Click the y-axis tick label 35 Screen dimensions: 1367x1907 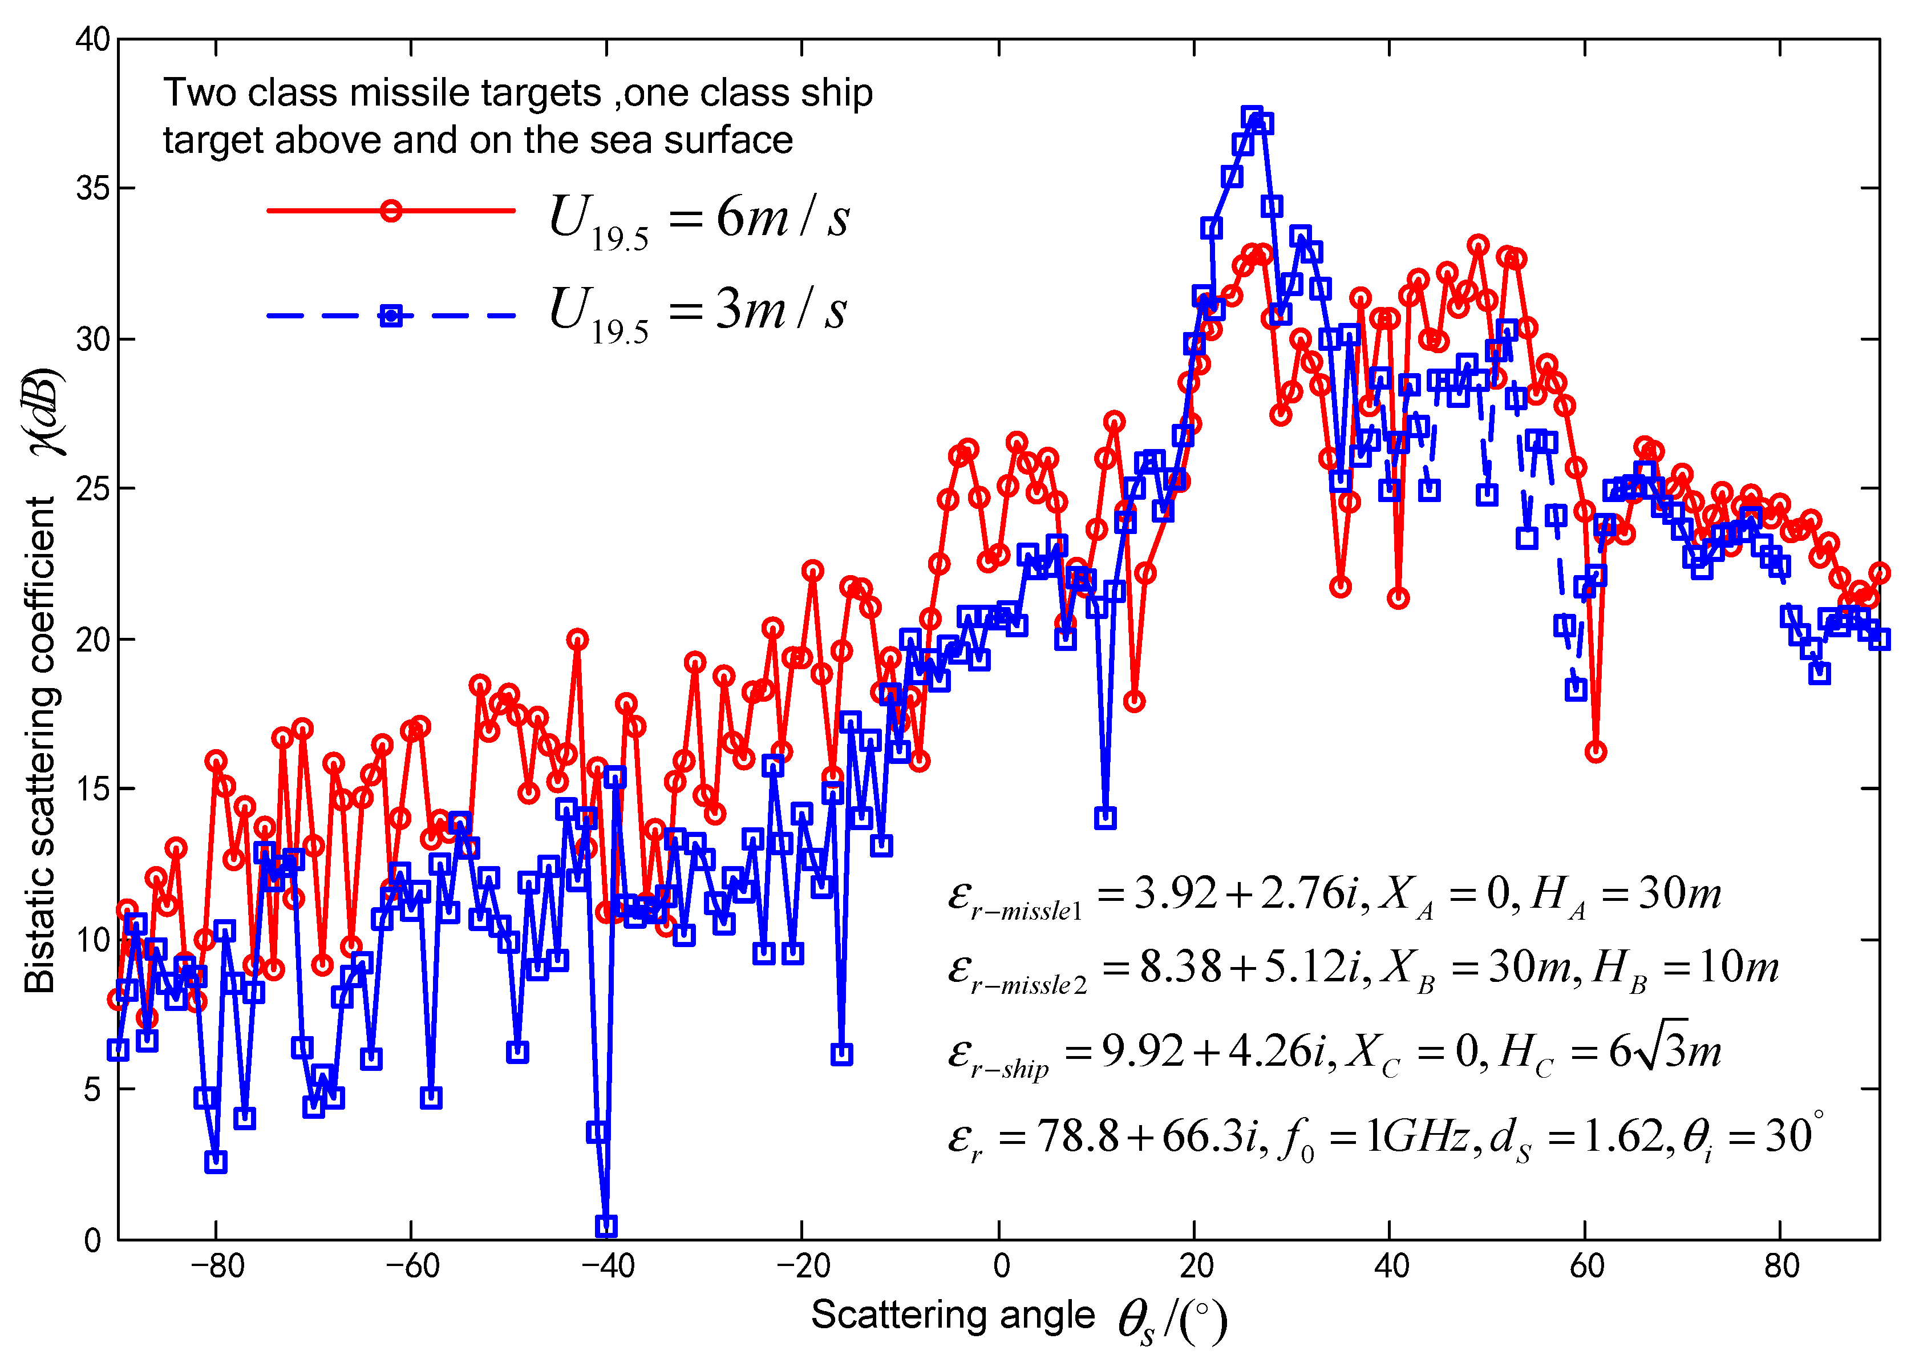(92, 188)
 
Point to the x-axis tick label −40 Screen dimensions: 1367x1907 (607, 1265)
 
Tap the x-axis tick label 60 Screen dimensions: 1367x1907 (1586, 1265)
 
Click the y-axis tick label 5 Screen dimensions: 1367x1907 (92, 1090)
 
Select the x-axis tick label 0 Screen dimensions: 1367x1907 (1001, 1265)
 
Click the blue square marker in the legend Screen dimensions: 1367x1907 (391, 316)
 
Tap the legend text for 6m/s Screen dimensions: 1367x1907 (698, 219)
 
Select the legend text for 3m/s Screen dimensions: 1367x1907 (698, 311)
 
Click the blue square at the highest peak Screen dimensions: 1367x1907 (1252, 117)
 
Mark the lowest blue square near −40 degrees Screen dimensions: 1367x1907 (606, 1226)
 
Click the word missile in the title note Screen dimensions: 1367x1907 (410, 92)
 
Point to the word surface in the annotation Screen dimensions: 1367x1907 (727, 140)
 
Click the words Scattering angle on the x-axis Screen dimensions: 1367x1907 (953, 1314)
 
